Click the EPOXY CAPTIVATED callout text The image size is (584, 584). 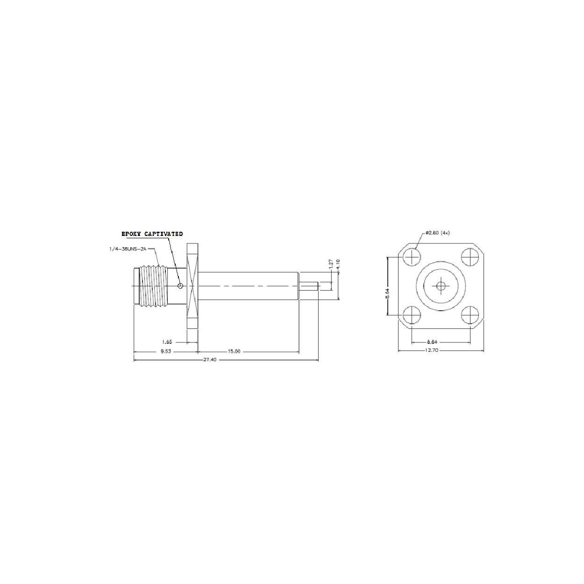pos(152,234)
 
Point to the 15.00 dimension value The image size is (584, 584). pos(234,352)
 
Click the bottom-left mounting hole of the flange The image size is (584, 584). pos(412,315)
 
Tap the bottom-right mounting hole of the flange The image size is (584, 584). pos(470,315)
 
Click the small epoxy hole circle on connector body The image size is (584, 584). pos(180,285)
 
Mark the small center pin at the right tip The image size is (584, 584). pos(309,285)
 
